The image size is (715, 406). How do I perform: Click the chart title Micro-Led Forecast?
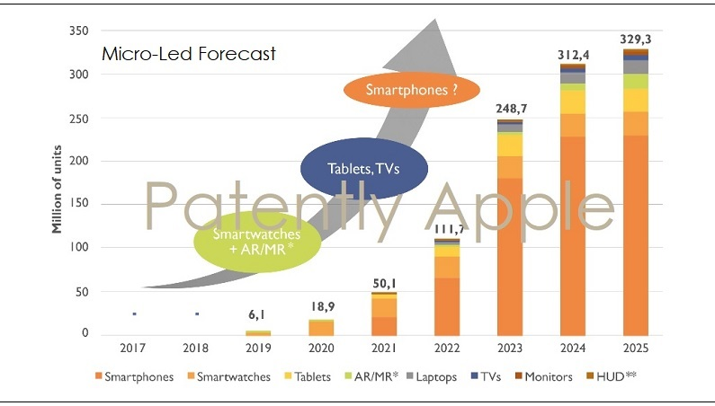(x=188, y=53)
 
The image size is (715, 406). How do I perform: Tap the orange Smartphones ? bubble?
(x=410, y=89)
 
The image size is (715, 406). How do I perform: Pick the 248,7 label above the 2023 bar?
(x=511, y=109)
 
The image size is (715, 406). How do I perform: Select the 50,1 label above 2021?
(x=384, y=284)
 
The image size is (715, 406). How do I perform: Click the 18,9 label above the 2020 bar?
(x=321, y=306)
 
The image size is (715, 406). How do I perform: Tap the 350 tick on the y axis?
(x=78, y=31)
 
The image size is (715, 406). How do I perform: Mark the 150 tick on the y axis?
(x=78, y=205)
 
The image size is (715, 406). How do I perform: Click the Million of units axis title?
(x=56, y=183)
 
